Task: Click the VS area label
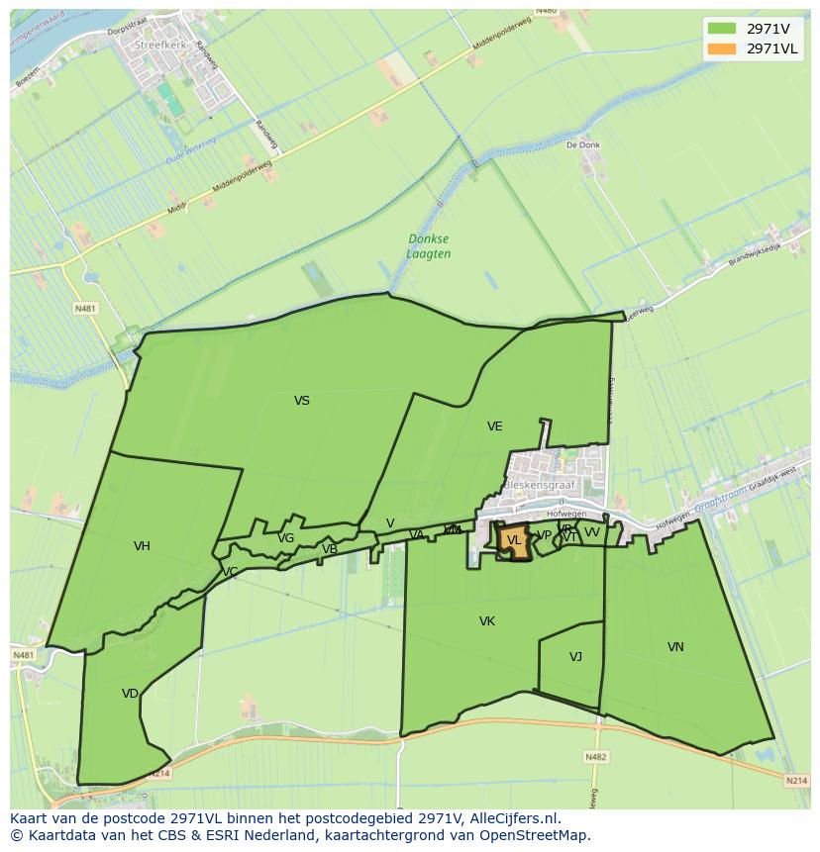[x=302, y=401]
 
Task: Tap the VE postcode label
[x=495, y=426]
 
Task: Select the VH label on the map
[x=142, y=546]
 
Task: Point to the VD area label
[x=130, y=694]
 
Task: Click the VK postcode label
[x=487, y=621]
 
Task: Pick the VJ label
[x=575, y=657]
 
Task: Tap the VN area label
[x=675, y=647]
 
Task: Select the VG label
[x=286, y=538]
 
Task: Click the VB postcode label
[x=330, y=549]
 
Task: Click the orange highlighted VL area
[x=513, y=541]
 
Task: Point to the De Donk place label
[x=583, y=144]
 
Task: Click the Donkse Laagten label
[x=429, y=246]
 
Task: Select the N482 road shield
[x=595, y=757]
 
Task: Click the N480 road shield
[x=546, y=11]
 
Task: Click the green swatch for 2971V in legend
[x=722, y=28]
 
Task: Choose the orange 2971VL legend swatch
[x=722, y=48]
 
